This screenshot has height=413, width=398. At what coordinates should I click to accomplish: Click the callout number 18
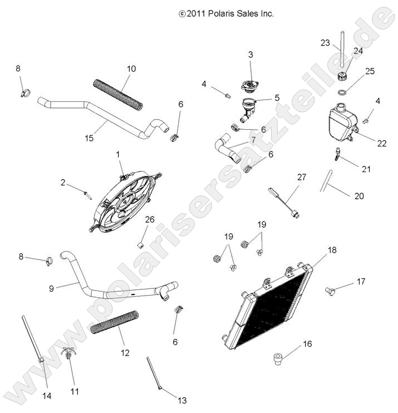[x=332, y=250]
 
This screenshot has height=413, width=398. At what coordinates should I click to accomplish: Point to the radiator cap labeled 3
[x=249, y=85]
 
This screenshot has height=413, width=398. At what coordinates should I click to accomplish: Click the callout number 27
[x=301, y=178]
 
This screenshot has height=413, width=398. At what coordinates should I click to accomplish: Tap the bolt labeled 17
[x=330, y=291]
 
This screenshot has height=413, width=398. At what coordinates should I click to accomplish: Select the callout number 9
[x=52, y=288]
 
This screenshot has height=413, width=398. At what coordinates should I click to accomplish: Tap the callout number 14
[x=46, y=396]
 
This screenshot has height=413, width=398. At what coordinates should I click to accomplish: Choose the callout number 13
[x=181, y=400]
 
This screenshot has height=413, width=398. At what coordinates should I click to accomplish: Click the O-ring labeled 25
[x=344, y=91]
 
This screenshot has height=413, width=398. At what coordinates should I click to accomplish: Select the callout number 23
[x=326, y=43]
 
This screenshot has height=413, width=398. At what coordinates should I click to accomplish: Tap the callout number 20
[x=359, y=196]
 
